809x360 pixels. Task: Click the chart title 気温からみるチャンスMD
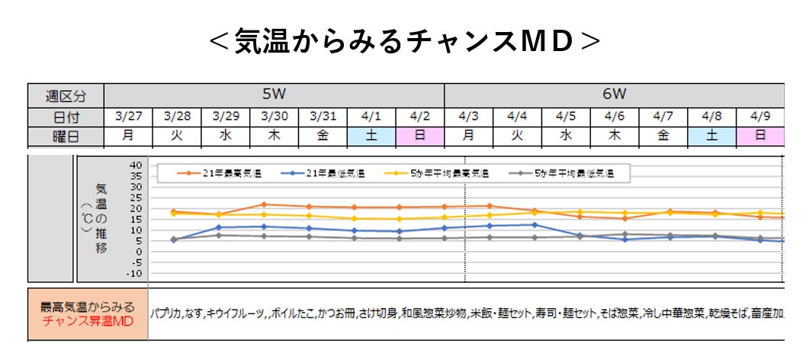click(404, 41)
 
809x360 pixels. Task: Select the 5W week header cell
click(274, 95)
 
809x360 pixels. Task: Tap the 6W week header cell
click(614, 95)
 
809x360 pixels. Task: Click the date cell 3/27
click(128, 117)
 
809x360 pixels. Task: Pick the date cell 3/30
click(274, 117)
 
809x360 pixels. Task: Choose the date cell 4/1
click(371, 117)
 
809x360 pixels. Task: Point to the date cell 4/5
click(565, 117)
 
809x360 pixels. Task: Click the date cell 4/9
click(760, 117)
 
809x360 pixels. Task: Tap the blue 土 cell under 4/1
click(371, 137)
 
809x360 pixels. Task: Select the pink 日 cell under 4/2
click(419, 137)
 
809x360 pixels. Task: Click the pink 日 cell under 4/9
click(760, 137)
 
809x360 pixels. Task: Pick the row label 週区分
click(65, 96)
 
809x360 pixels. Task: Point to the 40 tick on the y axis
click(136, 165)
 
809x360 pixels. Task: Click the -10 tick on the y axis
click(134, 273)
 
